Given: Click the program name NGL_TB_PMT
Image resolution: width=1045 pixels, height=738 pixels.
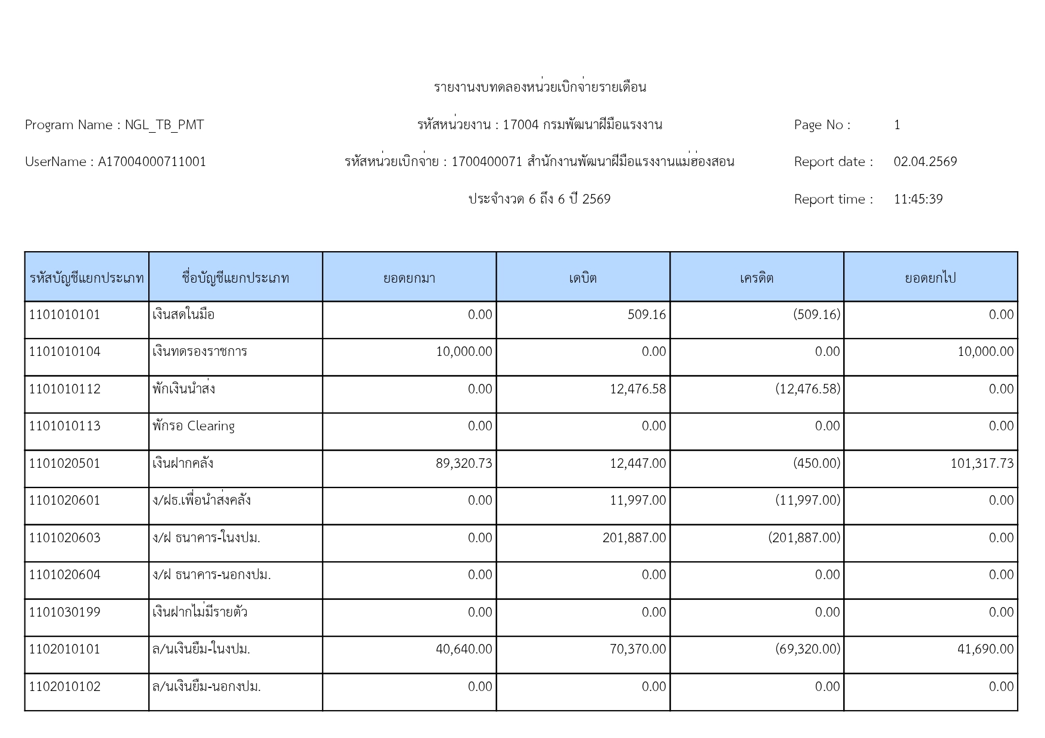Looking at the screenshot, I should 164,125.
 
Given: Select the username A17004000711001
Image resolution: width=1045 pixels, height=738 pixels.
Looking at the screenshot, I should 152,162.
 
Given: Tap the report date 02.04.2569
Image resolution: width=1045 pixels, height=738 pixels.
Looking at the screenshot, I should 925,162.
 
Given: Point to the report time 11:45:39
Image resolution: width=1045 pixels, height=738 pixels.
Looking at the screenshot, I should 918,199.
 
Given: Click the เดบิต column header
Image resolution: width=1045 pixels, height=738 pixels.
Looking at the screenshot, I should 583,278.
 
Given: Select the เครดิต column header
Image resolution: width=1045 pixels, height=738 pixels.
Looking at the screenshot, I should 756,278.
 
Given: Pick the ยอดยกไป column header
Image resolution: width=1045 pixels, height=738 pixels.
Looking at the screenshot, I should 930,278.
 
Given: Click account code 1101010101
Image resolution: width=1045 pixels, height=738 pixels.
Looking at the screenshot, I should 65,315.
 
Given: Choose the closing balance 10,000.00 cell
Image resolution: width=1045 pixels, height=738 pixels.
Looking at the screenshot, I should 985,352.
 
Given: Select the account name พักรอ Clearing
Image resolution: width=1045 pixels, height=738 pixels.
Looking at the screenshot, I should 194,426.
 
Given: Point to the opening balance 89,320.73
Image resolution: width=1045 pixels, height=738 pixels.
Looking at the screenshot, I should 464,464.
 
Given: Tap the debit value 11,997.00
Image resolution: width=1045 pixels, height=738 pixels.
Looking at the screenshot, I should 637,501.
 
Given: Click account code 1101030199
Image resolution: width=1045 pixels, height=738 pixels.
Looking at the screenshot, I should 65,612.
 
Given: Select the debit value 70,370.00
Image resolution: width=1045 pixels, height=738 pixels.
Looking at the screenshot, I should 637,649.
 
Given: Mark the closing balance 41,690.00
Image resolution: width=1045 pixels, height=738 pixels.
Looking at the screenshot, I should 985,649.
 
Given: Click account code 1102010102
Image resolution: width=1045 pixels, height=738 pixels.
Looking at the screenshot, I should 65,687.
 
